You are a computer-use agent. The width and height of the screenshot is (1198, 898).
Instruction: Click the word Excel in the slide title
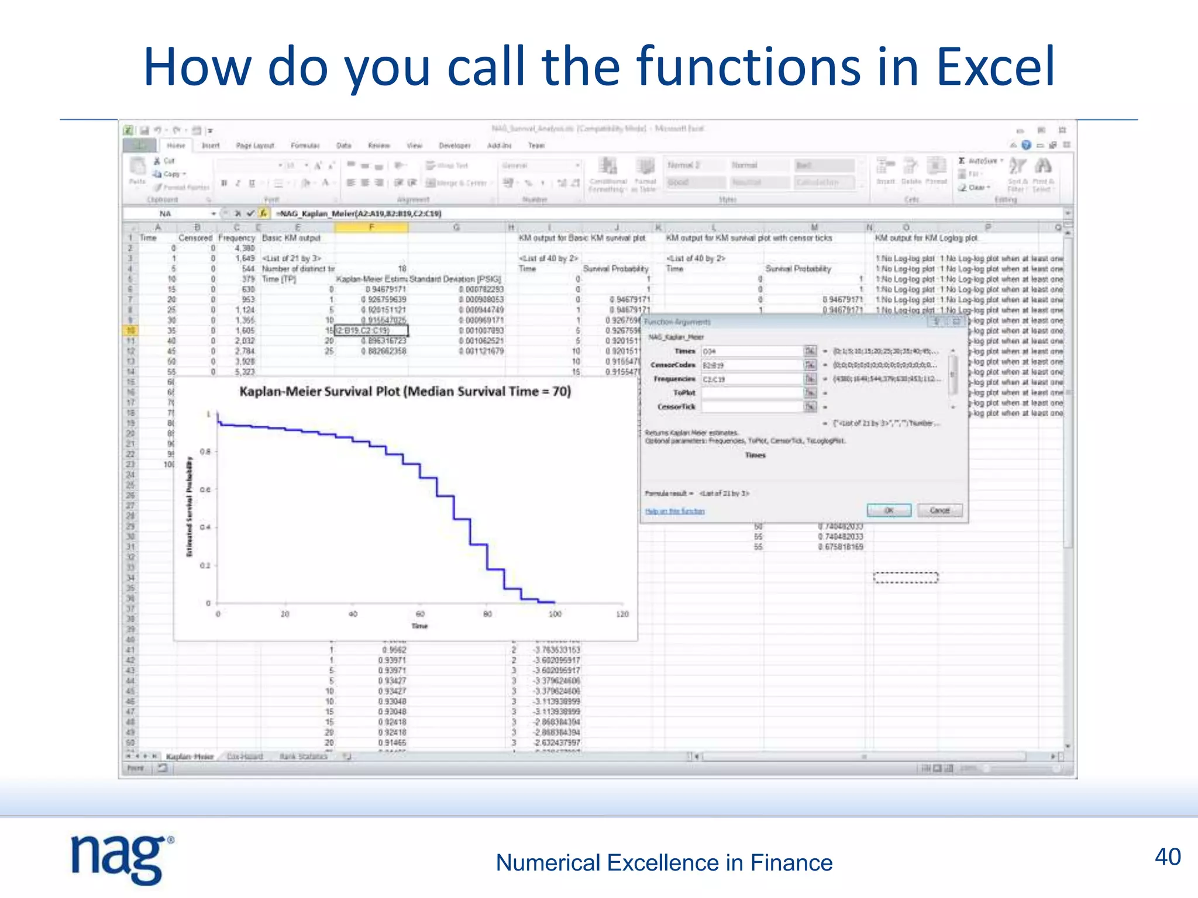point(996,67)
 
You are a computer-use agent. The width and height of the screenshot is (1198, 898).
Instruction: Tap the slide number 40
point(1167,857)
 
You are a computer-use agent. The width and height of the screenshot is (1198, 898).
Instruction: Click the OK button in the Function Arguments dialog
point(889,510)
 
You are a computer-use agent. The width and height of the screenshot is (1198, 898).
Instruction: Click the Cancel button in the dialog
point(939,510)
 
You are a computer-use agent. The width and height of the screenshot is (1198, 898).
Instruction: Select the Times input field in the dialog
point(752,351)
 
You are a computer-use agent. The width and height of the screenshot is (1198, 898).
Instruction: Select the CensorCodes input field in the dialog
point(752,365)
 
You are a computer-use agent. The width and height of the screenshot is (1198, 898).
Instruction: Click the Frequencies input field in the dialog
point(752,379)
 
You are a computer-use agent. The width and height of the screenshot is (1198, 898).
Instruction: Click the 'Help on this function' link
point(674,511)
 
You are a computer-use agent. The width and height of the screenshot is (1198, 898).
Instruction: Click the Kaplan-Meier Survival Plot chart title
point(405,392)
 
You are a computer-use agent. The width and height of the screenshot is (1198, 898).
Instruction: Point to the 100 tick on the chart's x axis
point(555,614)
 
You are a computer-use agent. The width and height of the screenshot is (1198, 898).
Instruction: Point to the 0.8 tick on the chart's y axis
point(205,452)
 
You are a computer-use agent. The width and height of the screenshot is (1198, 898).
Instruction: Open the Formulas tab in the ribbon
point(305,146)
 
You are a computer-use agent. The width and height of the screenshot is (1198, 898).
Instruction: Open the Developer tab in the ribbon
point(455,146)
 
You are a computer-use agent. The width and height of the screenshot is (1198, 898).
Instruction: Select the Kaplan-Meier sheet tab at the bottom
point(189,757)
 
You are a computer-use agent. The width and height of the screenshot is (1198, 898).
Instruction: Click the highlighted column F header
point(371,227)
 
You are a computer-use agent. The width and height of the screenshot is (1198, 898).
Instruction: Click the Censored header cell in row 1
point(195,238)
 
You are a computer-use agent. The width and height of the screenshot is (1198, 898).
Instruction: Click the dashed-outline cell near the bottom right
point(906,578)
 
